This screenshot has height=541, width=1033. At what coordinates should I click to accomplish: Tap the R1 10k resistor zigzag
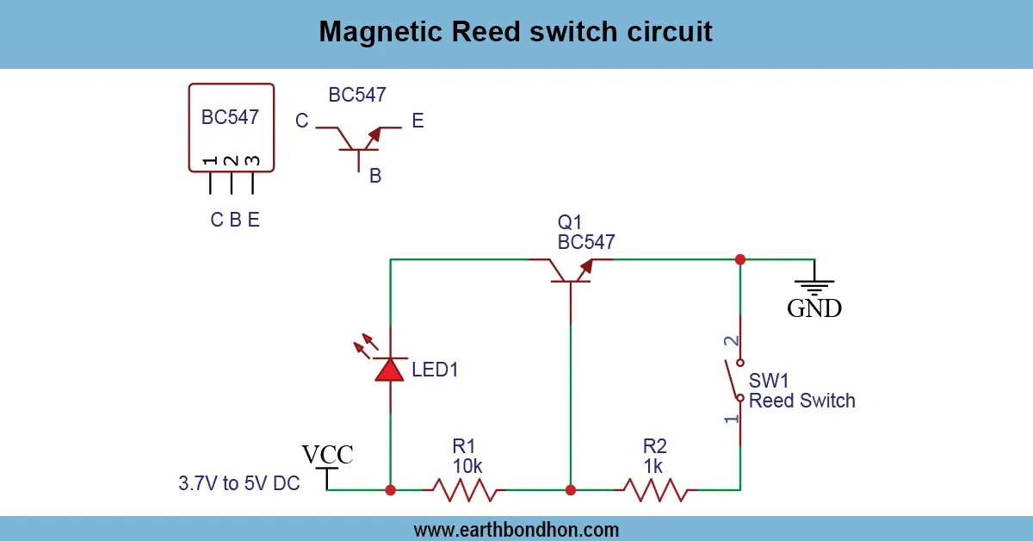tap(465, 490)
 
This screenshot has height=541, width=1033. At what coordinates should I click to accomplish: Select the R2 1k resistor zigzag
tap(654, 490)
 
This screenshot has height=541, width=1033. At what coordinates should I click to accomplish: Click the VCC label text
tap(327, 455)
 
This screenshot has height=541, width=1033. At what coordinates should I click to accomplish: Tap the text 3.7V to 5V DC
tap(239, 483)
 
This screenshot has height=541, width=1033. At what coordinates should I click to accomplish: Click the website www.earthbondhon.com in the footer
tap(516, 529)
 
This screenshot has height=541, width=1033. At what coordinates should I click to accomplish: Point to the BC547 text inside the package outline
tap(230, 118)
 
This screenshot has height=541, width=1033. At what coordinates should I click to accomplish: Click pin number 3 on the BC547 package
tap(252, 161)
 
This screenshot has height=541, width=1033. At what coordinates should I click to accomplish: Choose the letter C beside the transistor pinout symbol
tap(302, 121)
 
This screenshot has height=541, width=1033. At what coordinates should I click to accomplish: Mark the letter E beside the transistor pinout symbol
tap(418, 121)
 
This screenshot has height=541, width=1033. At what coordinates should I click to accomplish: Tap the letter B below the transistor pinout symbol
tap(375, 177)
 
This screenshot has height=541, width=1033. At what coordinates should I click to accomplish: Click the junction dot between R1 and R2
tap(570, 490)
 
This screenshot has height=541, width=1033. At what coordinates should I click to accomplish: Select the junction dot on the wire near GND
tap(739, 258)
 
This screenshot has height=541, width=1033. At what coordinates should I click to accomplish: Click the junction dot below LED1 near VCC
tap(391, 490)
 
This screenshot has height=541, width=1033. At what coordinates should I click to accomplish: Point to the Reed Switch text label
tap(801, 401)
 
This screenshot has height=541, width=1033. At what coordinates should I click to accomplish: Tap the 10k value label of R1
tap(467, 466)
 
